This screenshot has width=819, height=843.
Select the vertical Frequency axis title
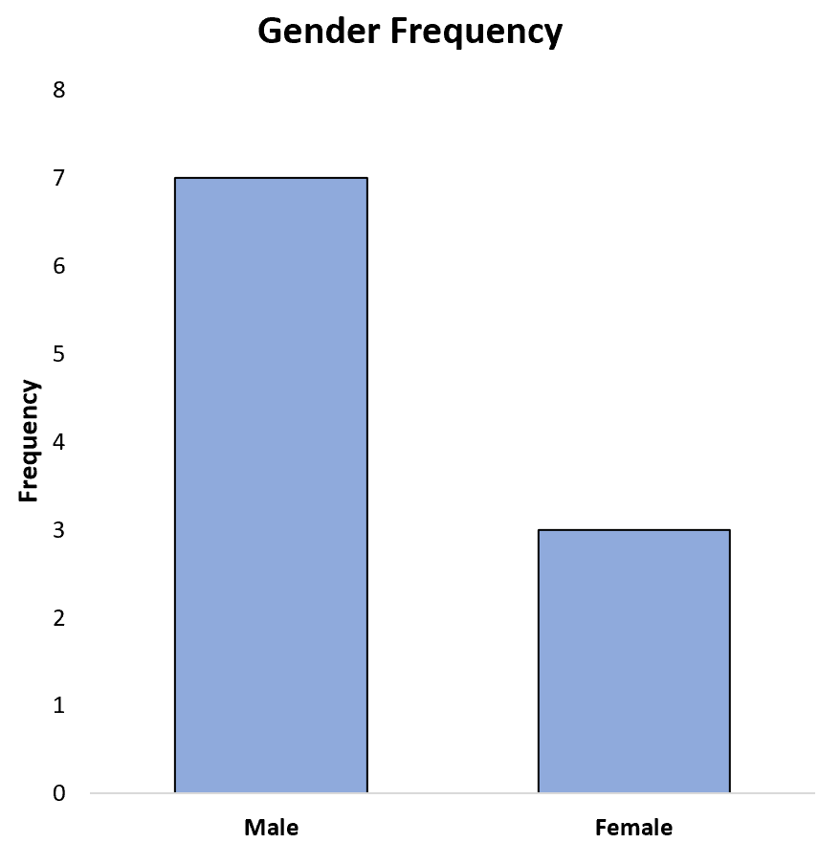click(30, 441)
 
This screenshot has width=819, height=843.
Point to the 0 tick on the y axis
click(59, 793)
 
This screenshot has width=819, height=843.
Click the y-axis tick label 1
click(59, 705)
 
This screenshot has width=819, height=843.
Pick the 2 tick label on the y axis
click(59, 618)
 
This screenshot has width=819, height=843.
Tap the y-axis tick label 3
click(59, 530)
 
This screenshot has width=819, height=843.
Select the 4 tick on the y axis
click(59, 442)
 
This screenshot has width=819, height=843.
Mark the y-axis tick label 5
click(59, 354)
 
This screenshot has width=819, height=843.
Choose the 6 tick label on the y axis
click(59, 266)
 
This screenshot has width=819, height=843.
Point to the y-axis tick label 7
click(59, 178)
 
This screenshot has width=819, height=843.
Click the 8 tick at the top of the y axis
click(59, 91)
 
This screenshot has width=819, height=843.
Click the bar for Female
click(633, 661)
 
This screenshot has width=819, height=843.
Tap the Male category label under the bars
click(271, 827)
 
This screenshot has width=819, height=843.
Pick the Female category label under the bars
click(633, 827)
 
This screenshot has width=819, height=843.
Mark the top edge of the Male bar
click(271, 178)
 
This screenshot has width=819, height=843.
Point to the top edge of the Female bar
click(633, 530)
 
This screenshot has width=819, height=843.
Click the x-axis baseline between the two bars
click(453, 793)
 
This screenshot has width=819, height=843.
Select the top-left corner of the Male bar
click(175, 178)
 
